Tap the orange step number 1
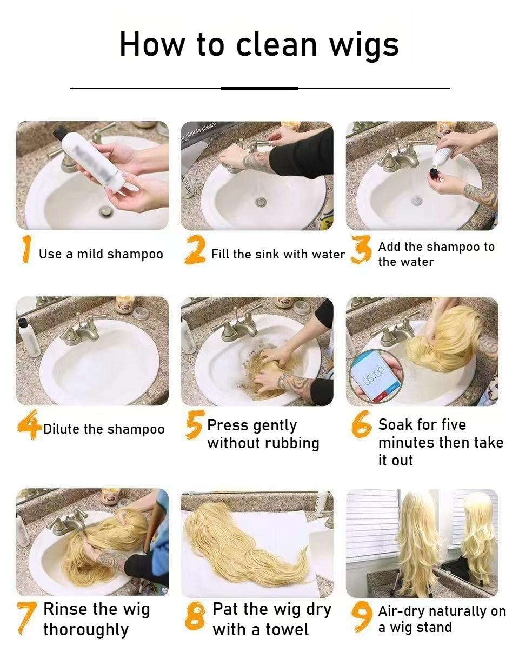click(26, 249)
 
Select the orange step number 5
click(194, 424)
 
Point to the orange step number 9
click(362, 616)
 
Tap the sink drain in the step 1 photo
click(106, 210)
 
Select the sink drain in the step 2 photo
click(261, 202)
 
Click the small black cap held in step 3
click(435, 174)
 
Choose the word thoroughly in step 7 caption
click(86, 630)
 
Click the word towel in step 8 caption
click(287, 629)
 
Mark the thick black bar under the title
click(259, 88)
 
